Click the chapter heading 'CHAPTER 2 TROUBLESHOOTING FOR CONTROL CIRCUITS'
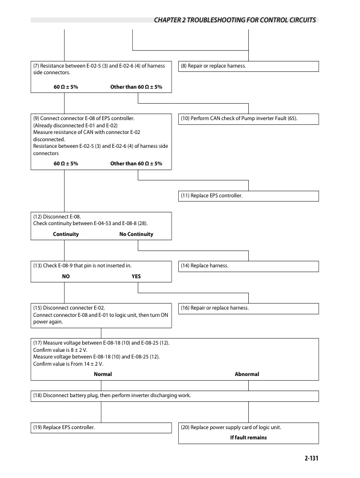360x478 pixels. [235, 20]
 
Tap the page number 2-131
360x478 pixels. [308, 459]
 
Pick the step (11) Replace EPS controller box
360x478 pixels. [248, 196]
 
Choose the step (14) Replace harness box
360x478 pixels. [248, 265]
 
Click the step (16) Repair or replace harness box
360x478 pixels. [248, 308]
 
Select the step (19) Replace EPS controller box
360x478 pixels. [101, 427]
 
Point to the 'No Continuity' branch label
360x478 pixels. [137, 234]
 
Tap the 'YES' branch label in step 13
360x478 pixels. [137, 277]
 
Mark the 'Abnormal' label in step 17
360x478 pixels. [246, 374]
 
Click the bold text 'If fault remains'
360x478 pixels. [248, 437]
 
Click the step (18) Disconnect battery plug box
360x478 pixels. [175, 396]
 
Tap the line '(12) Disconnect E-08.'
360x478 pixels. [56, 216]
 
